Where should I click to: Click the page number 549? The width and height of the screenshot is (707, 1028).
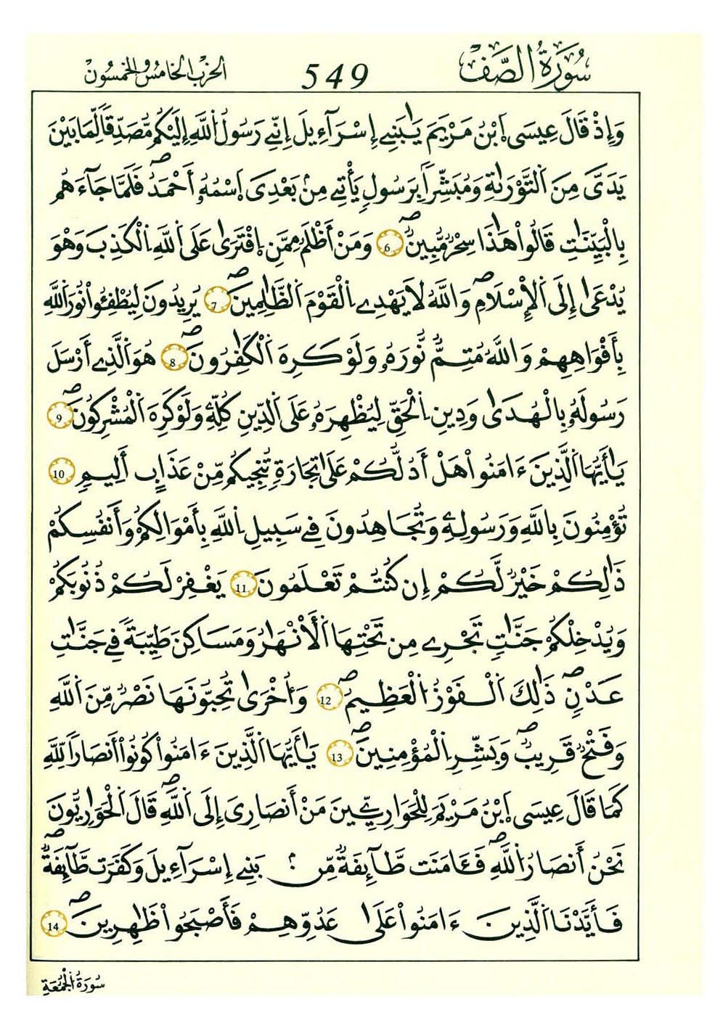pyautogui.click(x=335, y=73)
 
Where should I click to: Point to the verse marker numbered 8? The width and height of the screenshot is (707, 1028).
pyautogui.click(x=173, y=362)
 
